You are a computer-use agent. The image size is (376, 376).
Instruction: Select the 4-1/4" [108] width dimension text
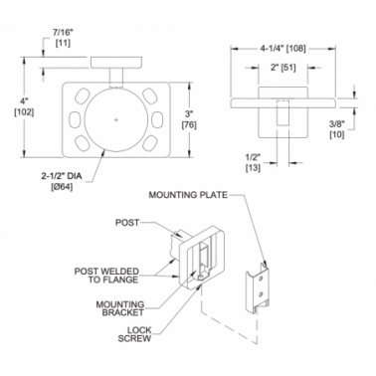[x=282, y=49]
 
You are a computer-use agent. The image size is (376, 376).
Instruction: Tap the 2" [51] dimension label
[x=282, y=68]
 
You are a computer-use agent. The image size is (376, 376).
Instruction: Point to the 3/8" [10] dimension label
[x=337, y=129]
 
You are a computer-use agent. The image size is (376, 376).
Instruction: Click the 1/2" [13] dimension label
[x=253, y=163]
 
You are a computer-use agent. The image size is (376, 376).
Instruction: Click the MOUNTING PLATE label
[x=188, y=195]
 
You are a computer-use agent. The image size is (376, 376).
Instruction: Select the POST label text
[x=127, y=223]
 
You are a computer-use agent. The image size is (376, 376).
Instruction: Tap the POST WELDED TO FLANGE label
[x=106, y=276]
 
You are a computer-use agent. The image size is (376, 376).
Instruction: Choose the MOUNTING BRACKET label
[x=120, y=308]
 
